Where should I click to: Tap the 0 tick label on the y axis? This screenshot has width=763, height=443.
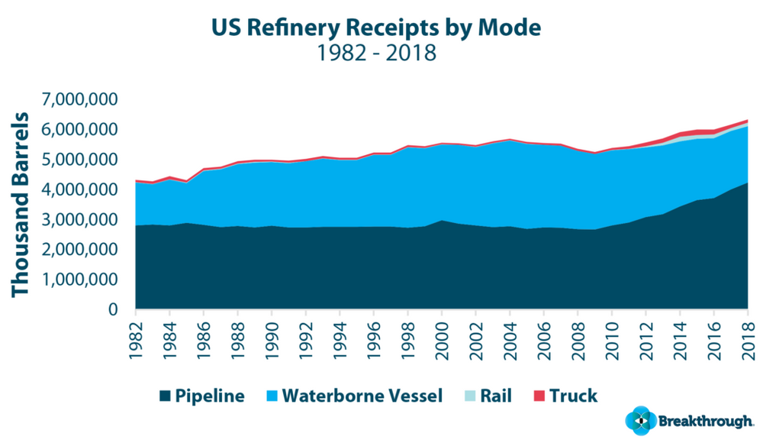(114, 309)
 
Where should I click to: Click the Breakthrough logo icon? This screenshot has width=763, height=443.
(639, 421)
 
